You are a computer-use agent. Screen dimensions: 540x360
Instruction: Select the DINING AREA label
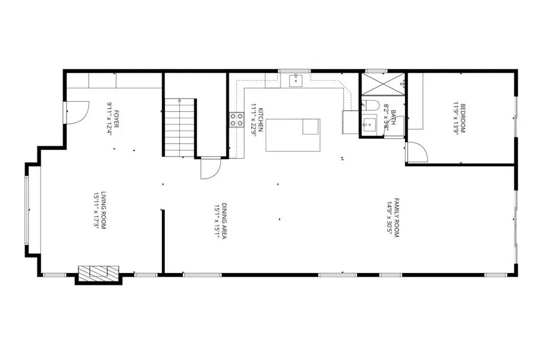tap(224, 221)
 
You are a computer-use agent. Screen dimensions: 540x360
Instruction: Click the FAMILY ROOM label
tap(396, 218)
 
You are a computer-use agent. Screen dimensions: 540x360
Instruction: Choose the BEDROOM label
tap(463, 119)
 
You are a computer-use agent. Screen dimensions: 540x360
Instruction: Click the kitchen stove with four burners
tap(237, 120)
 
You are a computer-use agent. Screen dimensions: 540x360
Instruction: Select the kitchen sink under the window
tap(295, 80)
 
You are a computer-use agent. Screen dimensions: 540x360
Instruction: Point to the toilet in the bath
tap(370, 104)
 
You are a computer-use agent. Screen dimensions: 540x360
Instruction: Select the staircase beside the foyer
tap(179, 128)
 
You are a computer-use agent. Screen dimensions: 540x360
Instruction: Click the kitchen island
tap(293, 135)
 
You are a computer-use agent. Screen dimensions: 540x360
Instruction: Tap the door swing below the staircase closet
tap(210, 168)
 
